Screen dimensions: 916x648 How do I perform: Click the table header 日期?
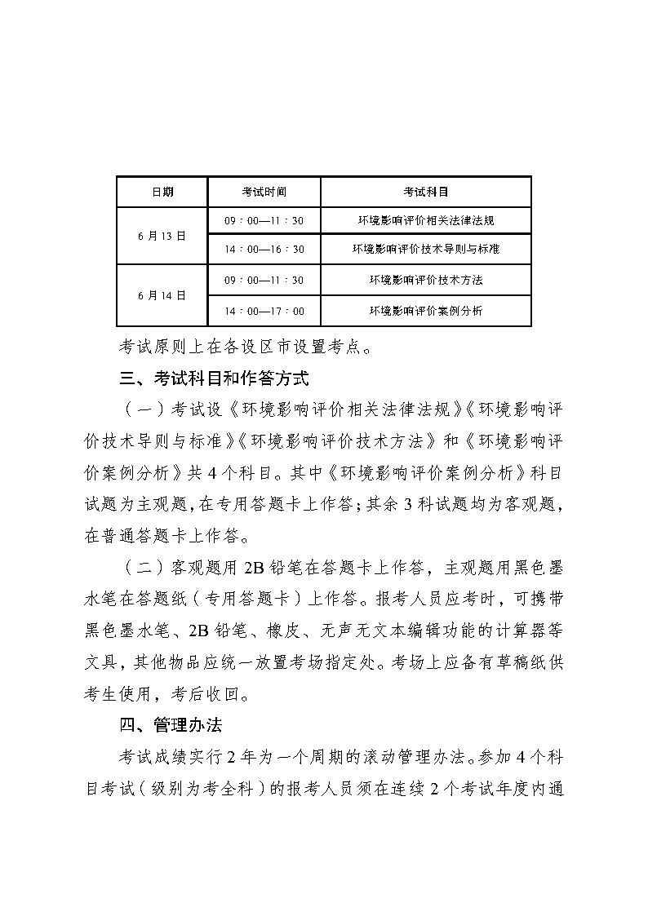[x=162, y=192]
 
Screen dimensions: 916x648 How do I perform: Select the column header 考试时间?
[x=264, y=192]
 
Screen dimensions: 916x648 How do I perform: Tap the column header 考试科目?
[x=425, y=192]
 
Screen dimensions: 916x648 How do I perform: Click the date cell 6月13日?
[x=162, y=235]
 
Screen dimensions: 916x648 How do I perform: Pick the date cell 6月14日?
[x=162, y=295]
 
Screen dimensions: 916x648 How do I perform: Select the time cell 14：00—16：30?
[x=264, y=250]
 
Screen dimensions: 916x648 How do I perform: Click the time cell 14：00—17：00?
[x=264, y=311]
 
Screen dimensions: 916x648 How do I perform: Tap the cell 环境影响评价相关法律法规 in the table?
[x=425, y=220]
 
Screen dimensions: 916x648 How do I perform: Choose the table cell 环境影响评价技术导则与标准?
[x=425, y=250]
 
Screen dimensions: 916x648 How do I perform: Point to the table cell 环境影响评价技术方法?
[x=425, y=280]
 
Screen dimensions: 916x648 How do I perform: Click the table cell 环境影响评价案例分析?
[x=425, y=311]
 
